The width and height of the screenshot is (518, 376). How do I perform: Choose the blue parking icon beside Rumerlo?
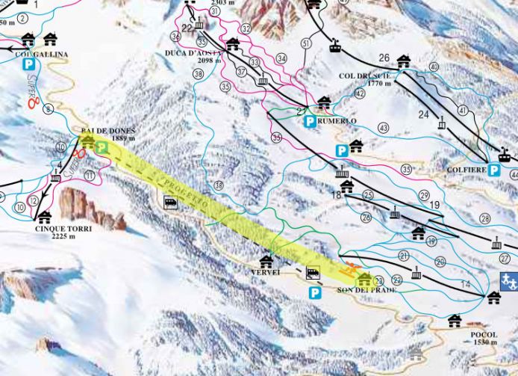coord(309,120)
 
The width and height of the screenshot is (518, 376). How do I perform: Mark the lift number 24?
coord(423,114)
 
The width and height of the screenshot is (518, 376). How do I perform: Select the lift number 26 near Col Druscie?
coord(384,58)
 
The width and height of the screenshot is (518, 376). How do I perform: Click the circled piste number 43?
coord(384,128)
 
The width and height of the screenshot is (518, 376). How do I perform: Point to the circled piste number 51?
coord(305,44)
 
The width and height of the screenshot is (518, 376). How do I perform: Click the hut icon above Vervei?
coord(266,262)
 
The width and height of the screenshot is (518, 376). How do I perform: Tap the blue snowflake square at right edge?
coord(509,283)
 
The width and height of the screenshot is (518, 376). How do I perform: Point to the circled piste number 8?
coord(49,110)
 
